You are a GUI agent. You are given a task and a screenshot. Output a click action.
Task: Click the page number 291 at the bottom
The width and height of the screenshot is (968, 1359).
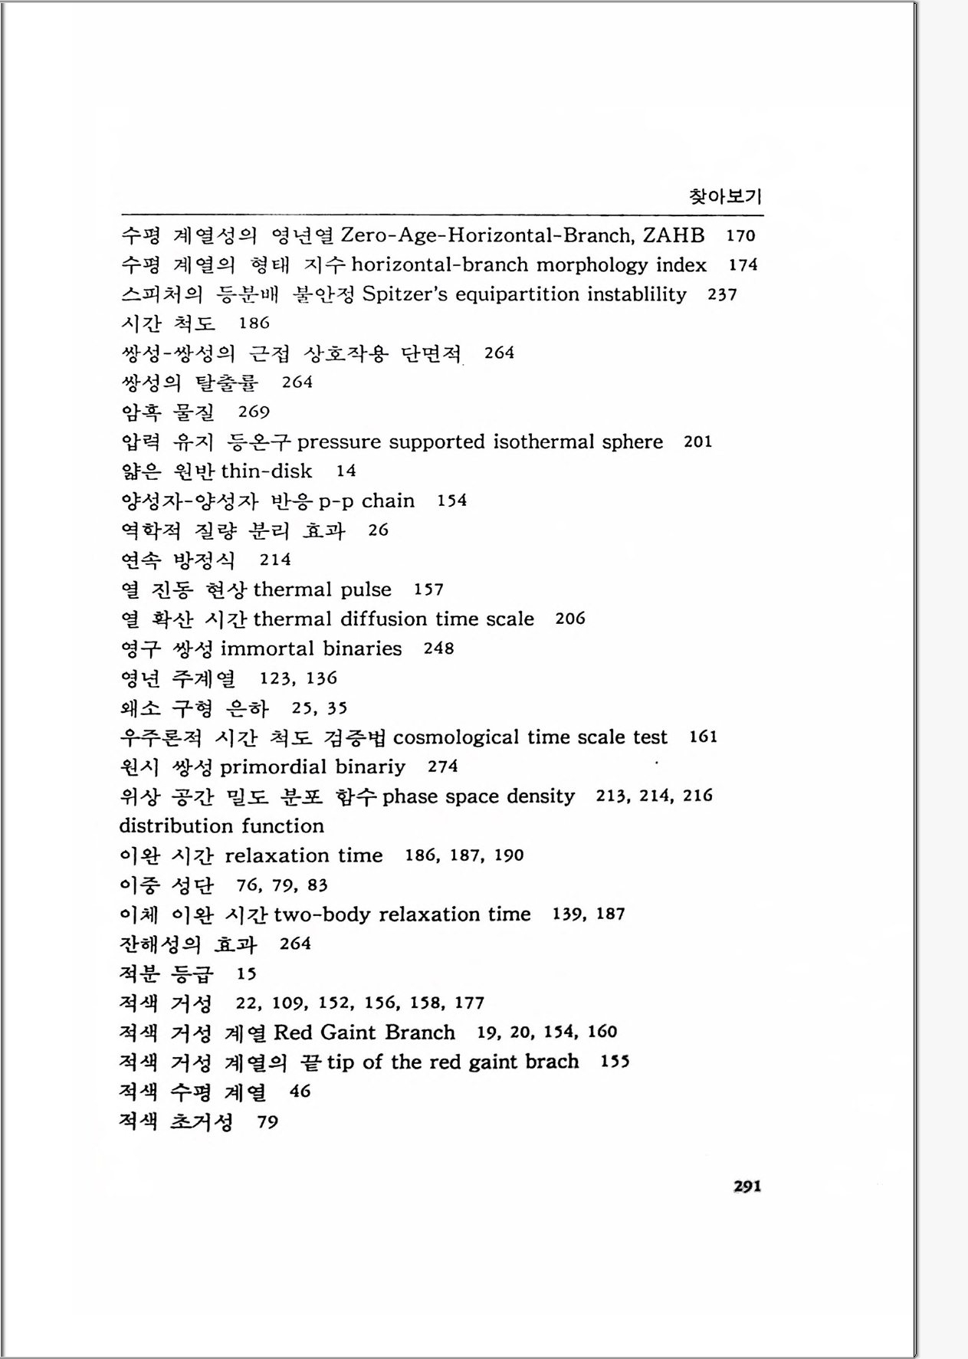point(747,1187)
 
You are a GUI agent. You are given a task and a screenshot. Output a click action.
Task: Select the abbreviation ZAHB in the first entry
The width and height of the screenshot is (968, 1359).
point(674,235)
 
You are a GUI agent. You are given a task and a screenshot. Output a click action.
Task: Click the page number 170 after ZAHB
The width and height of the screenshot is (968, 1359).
point(740,236)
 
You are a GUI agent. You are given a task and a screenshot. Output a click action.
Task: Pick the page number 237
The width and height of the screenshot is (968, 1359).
point(722,294)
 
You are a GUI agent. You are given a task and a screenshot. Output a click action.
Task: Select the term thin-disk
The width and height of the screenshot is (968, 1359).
point(267,471)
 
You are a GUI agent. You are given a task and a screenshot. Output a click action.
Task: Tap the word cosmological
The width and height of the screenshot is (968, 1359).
point(457,737)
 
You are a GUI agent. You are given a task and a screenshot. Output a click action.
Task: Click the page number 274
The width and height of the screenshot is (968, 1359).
point(443,766)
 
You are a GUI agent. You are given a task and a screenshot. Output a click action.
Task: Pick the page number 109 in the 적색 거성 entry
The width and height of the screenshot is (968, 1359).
point(290,1003)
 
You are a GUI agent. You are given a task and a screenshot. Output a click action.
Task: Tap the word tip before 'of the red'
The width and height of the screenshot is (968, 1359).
point(340,1062)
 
